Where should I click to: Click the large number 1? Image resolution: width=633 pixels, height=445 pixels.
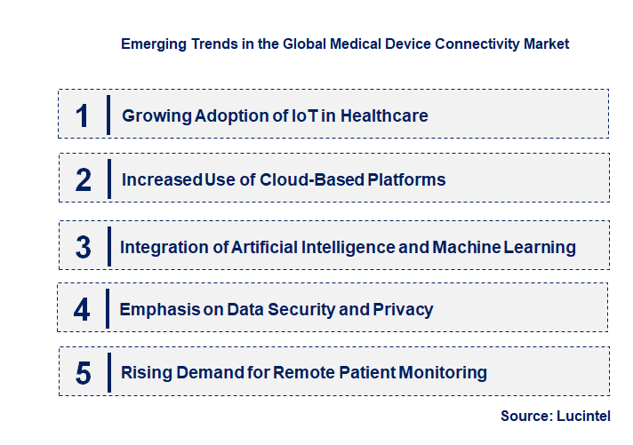click(83, 115)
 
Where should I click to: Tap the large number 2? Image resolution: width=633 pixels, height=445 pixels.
click(84, 179)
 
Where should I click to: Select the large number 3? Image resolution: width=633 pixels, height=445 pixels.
click(84, 247)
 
